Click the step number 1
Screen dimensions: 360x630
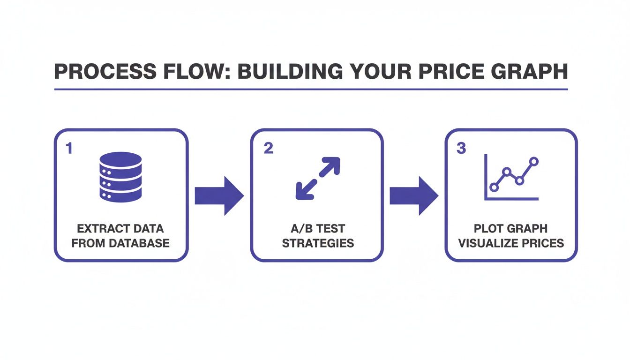pyautogui.click(x=69, y=149)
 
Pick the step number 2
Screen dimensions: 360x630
pyautogui.click(x=268, y=149)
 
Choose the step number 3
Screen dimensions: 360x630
pyautogui.click(x=461, y=149)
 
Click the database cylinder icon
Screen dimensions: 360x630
pyautogui.click(x=120, y=177)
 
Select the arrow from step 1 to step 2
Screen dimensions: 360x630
pyautogui.click(x=219, y=196)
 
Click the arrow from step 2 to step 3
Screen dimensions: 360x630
pyautogui.click(x=413, y=196)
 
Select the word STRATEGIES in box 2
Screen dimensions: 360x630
pyautogui.click(x=317, y=243)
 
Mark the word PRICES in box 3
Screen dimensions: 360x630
pyautogui.click(x=543, y=243)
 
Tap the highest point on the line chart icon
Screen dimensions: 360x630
pyautogui.click(x=533, y=162)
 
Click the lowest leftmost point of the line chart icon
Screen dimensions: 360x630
pyautogui.click(x=493, y=187)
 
